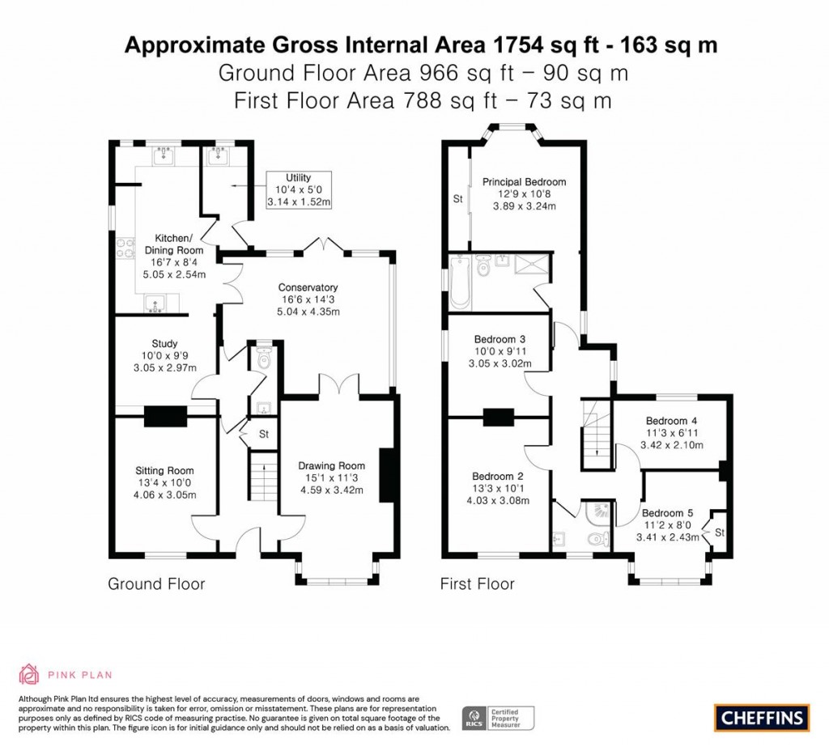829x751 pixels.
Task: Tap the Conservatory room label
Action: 308,299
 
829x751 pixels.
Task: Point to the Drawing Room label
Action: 331,477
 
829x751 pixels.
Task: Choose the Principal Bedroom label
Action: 524,193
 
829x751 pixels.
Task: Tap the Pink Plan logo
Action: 65,674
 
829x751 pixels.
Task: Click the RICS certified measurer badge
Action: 498,717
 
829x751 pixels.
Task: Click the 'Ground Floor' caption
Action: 156,583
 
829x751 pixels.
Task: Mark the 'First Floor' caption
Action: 477,583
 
